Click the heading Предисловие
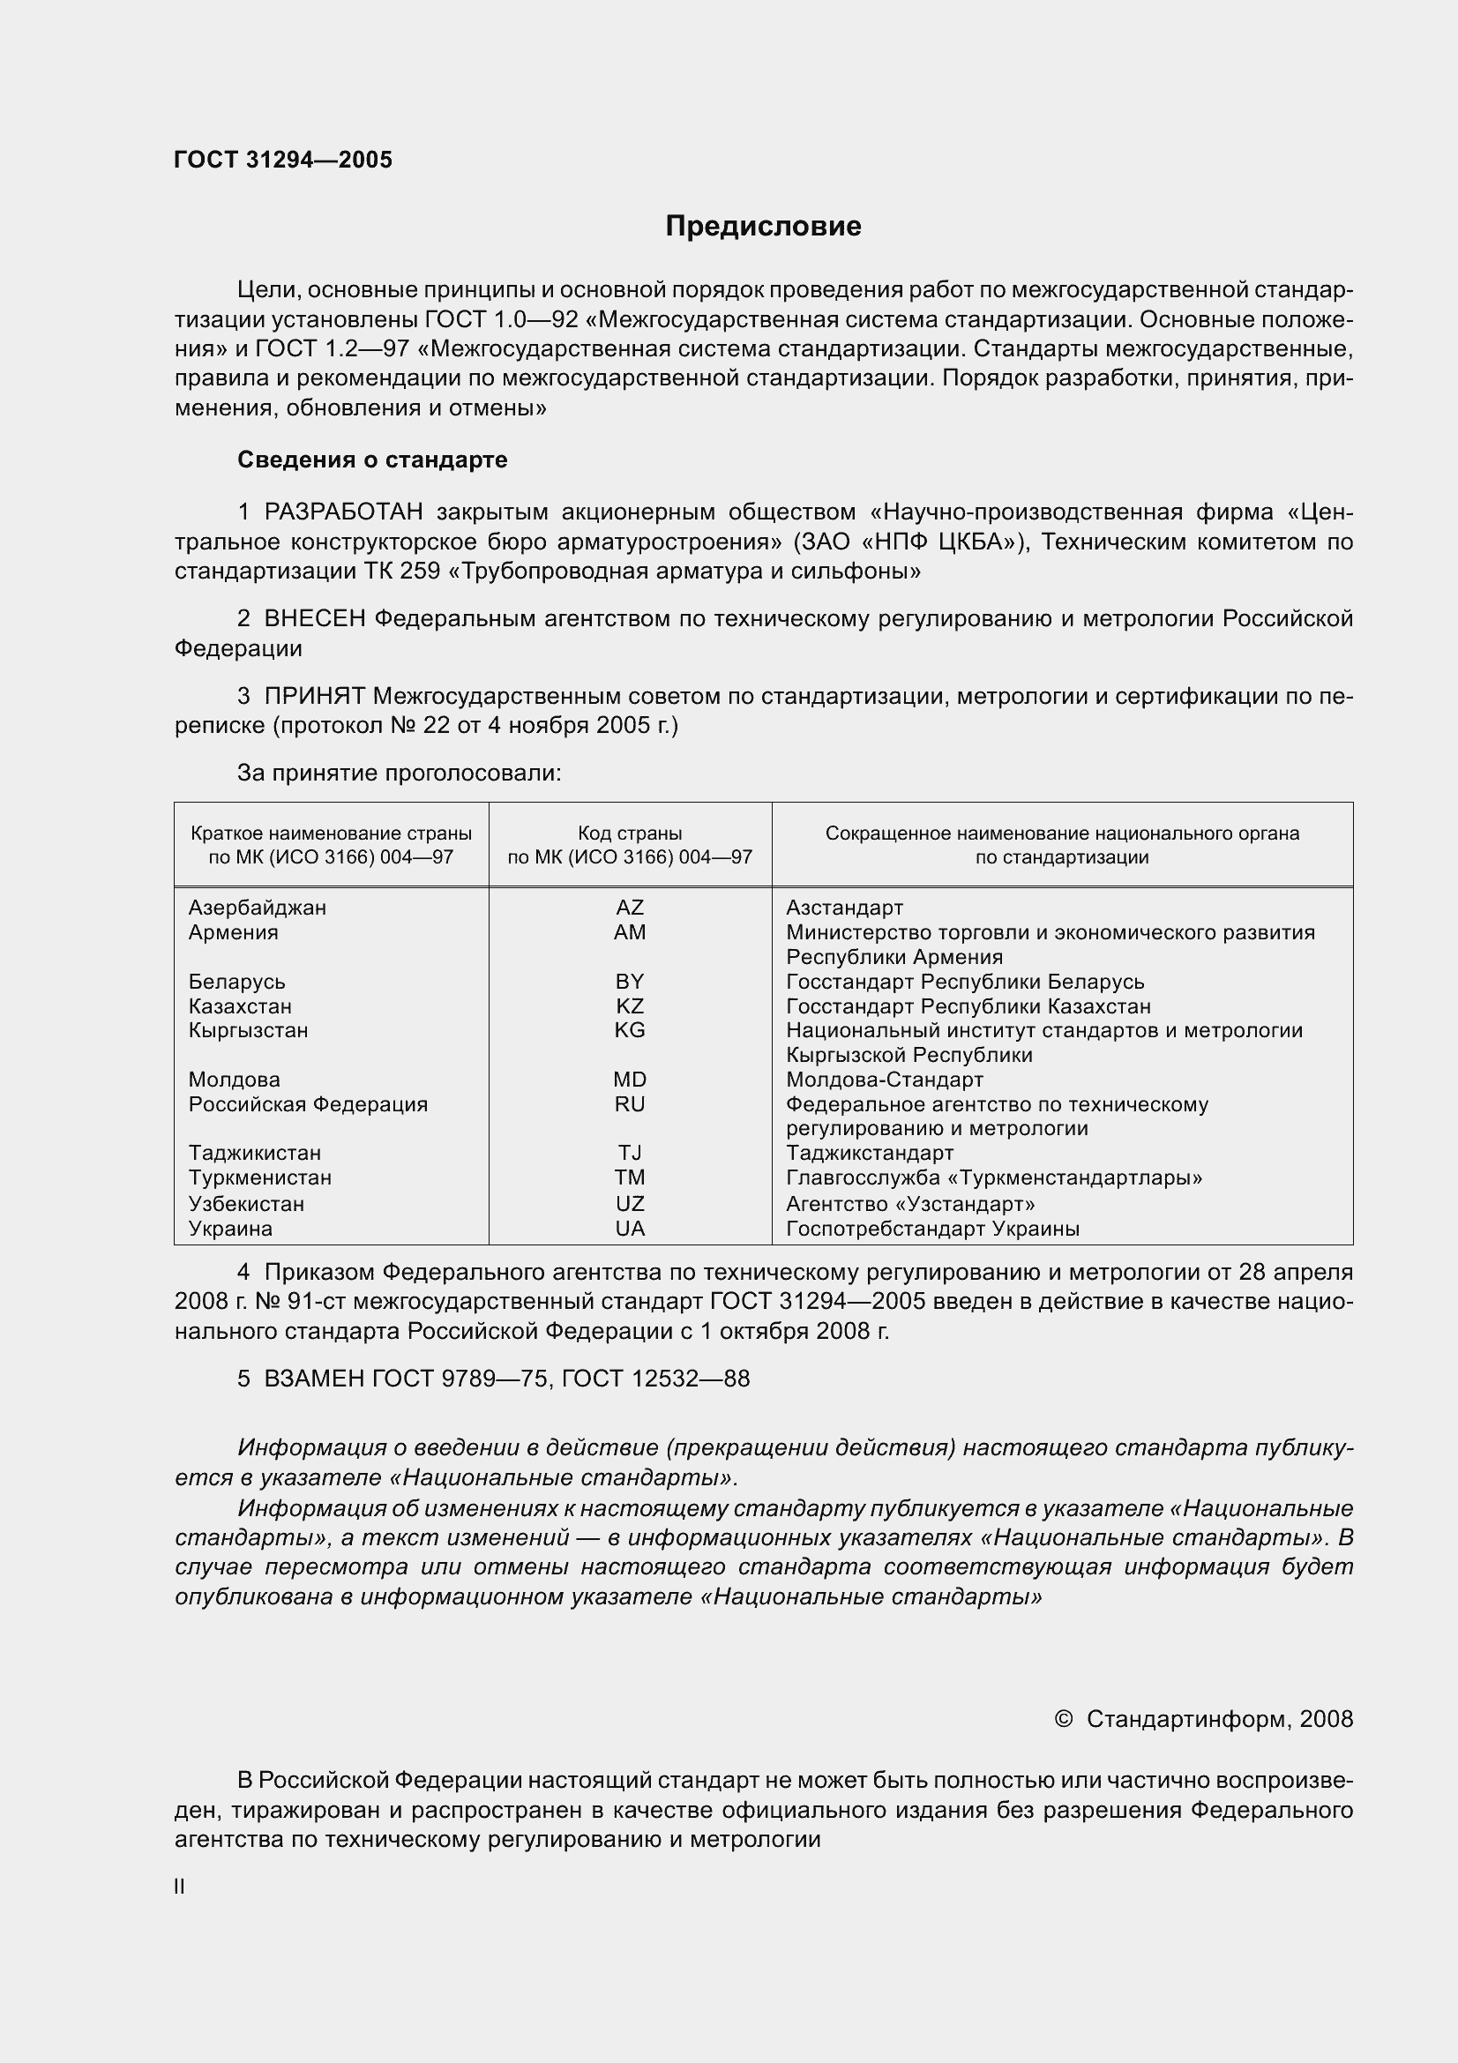[x=763, y=227]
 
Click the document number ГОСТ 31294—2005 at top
[x=283, y=160]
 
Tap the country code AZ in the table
[x=629, y=908]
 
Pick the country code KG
[x=629, y=1030]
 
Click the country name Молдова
[x=234, y=1080]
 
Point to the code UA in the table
[x=629, y=1230]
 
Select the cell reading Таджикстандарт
[x=869, y=1153]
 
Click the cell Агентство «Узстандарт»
[x=909, y=1204]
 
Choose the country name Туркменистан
[x=259, y=1178]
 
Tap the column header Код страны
[x=629, y=833]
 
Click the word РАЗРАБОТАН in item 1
[x=343, y=512]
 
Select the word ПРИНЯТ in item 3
[x=314, y=697]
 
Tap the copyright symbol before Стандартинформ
[x=1063, y=1720]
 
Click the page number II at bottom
[x=180, y=1887]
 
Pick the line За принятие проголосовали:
[x=399, y=774]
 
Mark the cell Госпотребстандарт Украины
[x=931, y=1230]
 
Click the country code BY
[x=629, y=982]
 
